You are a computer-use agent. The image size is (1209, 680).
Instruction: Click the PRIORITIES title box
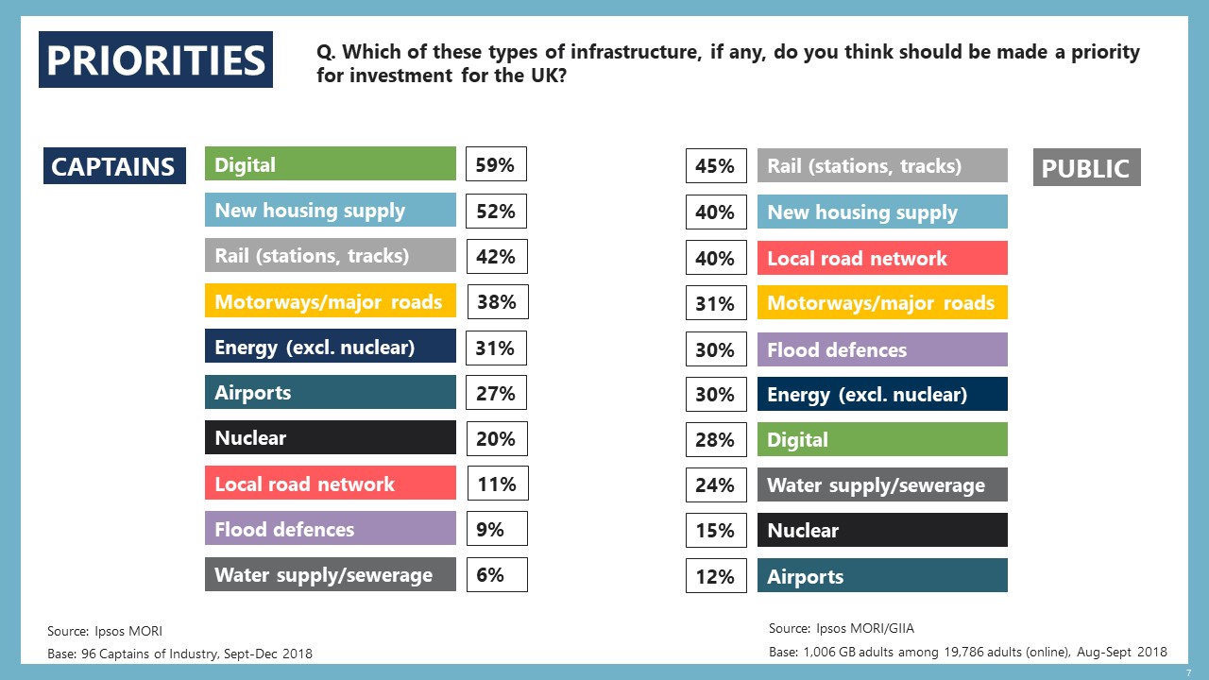click(x=156, y=59)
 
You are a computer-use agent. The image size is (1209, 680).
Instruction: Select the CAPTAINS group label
click(x=114, y=166)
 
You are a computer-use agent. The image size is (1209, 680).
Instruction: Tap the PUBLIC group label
click(x=1086, y=168)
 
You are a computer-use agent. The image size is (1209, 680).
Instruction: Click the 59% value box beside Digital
click(x=495, y=164)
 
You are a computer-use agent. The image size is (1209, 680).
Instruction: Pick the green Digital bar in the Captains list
click(x=330, y=164)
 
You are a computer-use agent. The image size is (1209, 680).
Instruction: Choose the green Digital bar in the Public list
click(x=881, y=439)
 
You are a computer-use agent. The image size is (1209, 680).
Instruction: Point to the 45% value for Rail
click(x=715, y=166)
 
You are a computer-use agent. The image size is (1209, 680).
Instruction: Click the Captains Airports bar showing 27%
click(x=330, y=393)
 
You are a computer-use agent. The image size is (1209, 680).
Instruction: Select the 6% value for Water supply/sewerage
click(x=495, y=574)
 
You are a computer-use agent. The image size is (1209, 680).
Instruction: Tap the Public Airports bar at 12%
click(x=881, y=576)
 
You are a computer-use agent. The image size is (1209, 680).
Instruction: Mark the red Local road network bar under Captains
click(x=330, y=484)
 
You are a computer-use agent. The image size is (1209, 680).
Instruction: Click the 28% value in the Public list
click(x=715, y=439)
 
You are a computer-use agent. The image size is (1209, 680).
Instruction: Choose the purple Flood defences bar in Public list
click(x=881, y=349)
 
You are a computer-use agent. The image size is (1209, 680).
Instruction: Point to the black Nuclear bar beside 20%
click(x=330, y=438)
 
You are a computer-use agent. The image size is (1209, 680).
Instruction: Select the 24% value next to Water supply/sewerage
click(x=715, y=484)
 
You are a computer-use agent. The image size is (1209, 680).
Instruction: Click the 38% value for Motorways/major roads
click(x=496, y=301)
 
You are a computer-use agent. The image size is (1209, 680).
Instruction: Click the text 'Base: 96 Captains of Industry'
click(x=179, y=654)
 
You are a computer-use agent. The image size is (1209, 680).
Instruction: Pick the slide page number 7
click(x=1188, y=671)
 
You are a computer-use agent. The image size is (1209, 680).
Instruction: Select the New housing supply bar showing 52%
click(x=330, y=210)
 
